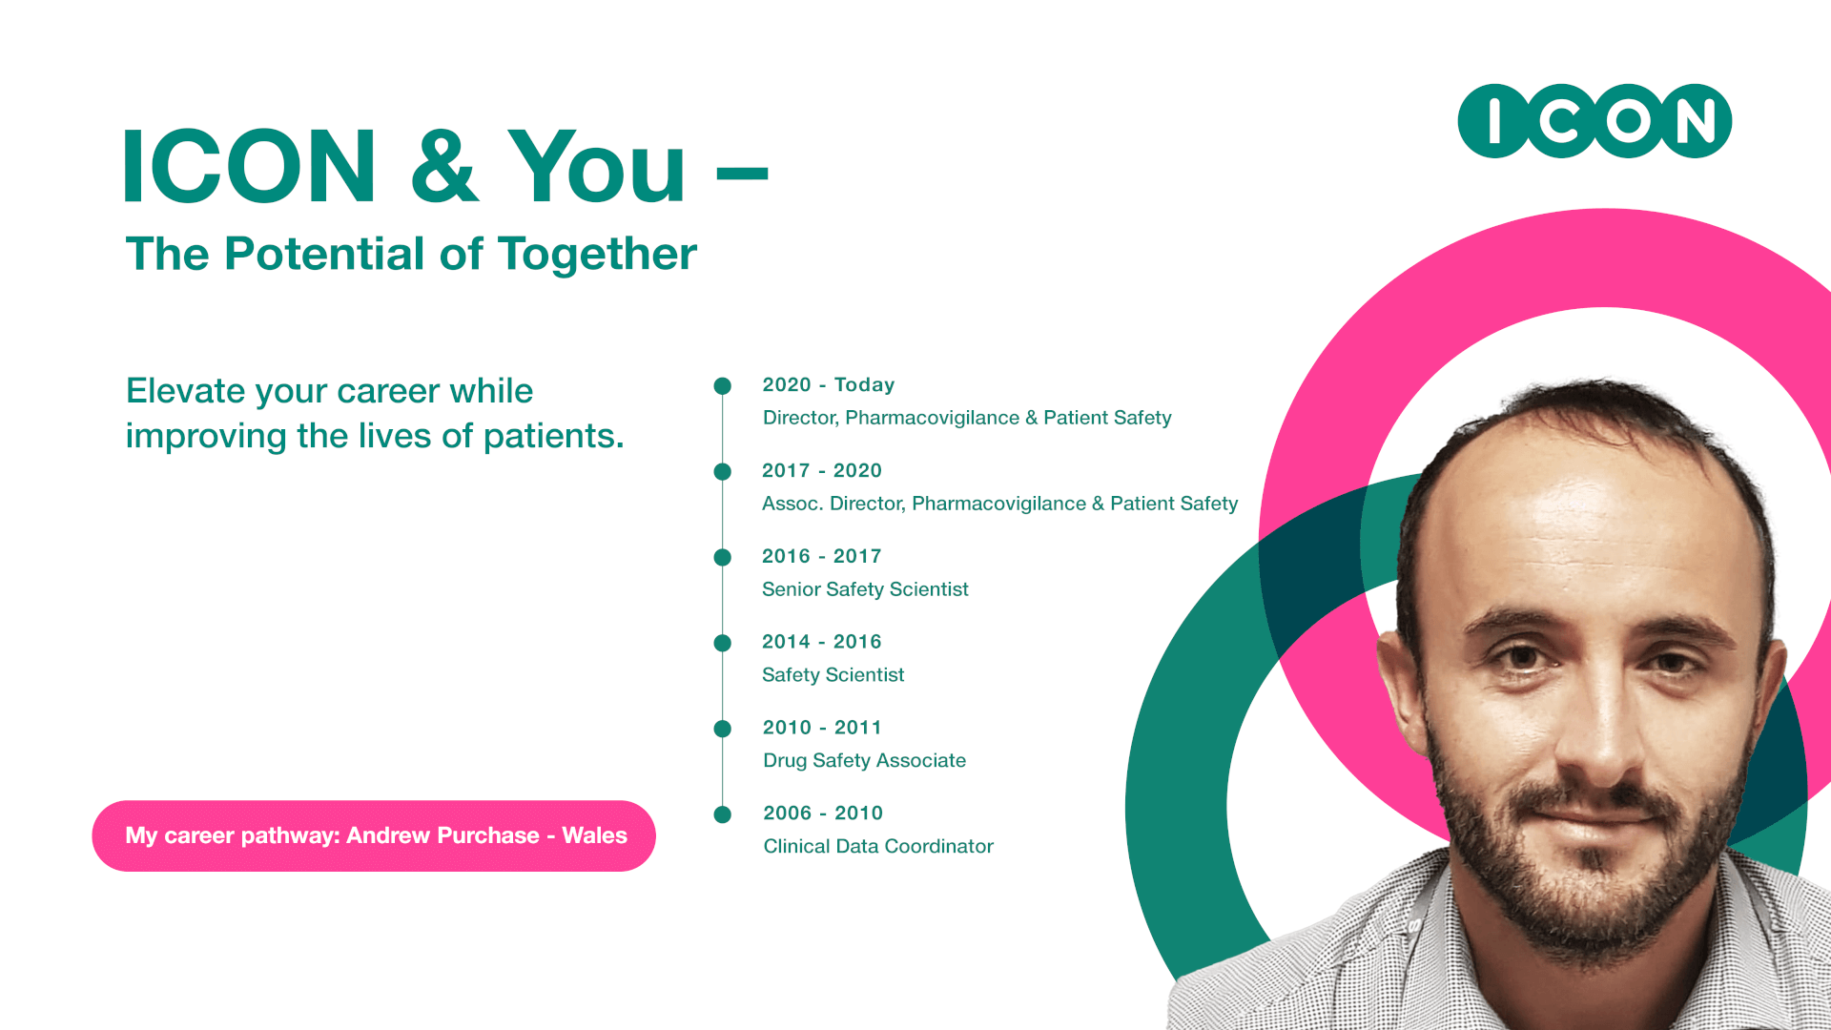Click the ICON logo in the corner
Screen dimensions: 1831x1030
pyautogui.click(x=1594, y=121)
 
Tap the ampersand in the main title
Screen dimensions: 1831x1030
pyautogui.click(x=443, y=166)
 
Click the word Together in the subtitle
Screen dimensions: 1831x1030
pyautogui.click(x=597, y=255)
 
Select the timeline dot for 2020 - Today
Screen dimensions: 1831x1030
pyautogui.click(x=723, y=386)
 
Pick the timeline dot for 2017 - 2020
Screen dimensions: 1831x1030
pyautogui.click(x=723, y=471)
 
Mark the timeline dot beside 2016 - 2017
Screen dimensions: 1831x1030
pyautogui.click(x=723, y=557)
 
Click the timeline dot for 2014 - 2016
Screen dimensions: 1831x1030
pyautogui.click(x=723, y=643)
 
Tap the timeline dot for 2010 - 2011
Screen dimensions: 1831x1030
pyautogui.click(x=723, y=729)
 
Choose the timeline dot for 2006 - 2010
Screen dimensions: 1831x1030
pyautogui.click(x=723, y=814)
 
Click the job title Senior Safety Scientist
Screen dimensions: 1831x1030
pyautogui.click(x=865, y=589)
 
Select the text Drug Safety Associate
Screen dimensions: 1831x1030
pyautogui.click(x=864, y=760)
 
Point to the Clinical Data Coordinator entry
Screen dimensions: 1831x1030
pyautogui.click(x=878, y=846)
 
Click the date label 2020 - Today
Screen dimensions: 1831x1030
pyautogui.click(x=829, y=384)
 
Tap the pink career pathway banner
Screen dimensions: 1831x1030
pyautogui.click(x=374, y=835)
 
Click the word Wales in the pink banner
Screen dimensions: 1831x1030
pyautogui.click(x=594, y=835)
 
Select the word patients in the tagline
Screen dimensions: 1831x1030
pyautogui.click(x=553, y=437)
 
